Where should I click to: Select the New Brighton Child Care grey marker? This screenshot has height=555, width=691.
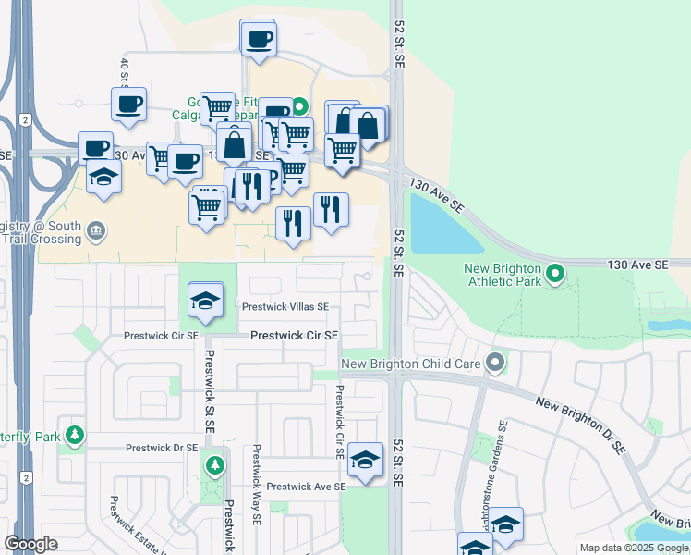[496, 364]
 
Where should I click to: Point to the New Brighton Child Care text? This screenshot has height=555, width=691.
[411, 364]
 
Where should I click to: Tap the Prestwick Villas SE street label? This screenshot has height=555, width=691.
[285, 307]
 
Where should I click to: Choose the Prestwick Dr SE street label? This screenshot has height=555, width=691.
[162, 448]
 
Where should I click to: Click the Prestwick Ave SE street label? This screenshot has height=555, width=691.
[305, 486]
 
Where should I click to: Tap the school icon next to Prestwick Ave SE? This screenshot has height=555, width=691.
[366, 459]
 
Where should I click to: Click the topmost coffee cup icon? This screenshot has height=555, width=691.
[258, 39]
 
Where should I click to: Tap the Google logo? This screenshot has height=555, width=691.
[31, 544]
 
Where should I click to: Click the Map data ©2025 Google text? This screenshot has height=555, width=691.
[633, 548]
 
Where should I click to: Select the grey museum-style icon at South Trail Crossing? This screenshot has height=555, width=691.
[96, 229]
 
